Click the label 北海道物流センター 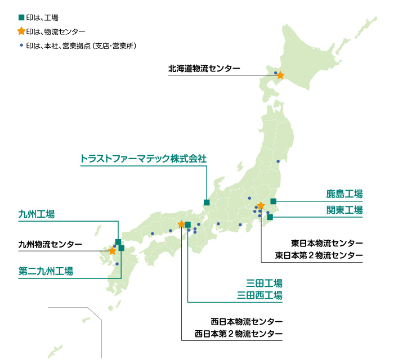[x=204, y=69]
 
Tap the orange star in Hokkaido [x=280, y=75]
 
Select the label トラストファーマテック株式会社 [x=144, y=158]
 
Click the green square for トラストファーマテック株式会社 [x=207, y=202]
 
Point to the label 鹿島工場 [x=344, y=194]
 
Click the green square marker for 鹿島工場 [x=274, y=201]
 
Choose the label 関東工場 [x=344, y=210]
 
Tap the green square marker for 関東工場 [x=270, y=217]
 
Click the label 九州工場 [x=37, y=214]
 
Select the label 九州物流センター [x=50, y=245]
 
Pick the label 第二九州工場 [x=46, y=271]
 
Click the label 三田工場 [x=264, y=282]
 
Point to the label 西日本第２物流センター [x=239, y=334]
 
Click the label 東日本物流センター [x=327, y=243]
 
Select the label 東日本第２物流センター [x=319, y=255]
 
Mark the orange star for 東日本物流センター [x=261, y=205]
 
